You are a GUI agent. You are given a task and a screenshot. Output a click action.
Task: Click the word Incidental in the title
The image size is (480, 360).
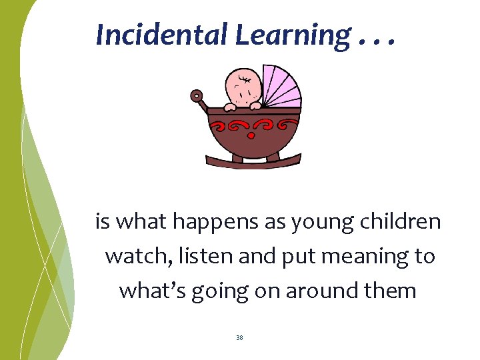coord(163,35)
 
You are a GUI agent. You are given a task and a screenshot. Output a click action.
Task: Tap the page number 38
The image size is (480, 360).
coord(239,338)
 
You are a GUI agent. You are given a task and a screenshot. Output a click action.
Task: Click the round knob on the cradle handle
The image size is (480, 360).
coord(197,96)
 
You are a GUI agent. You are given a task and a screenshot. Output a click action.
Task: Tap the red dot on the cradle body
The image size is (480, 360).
coord(252,136)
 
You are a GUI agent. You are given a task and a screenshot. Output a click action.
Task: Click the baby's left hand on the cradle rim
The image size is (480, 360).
coord(230,105)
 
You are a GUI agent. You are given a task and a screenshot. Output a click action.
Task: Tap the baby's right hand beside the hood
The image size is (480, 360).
coord(255,104)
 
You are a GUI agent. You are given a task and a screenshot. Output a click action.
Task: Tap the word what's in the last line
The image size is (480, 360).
coord(153,291)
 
